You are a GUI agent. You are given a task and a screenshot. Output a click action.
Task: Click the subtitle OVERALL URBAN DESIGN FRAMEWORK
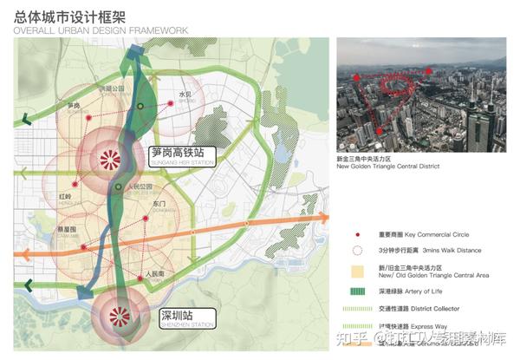tap(101, 30)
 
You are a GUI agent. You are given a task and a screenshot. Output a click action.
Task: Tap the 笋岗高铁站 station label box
tap(183, 154)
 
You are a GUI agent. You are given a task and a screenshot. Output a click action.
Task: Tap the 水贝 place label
tap(185, 94)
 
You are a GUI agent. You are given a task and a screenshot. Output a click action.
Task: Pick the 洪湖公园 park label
tap(112, 89)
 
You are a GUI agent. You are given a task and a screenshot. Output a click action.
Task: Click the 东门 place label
tap(159, 205)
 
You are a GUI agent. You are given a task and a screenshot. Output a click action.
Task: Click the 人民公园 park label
tap(139, 187)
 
